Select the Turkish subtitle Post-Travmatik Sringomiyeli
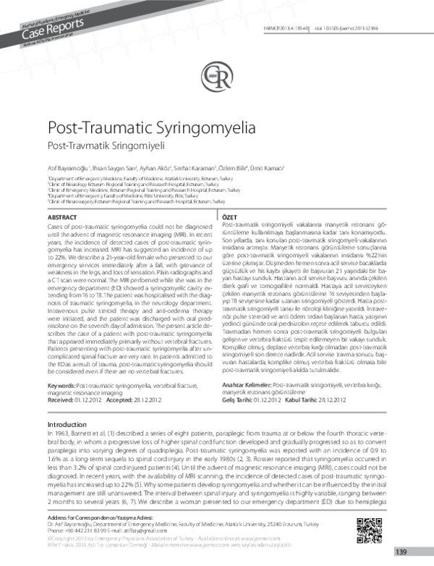point(94,147)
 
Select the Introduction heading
point(67,424)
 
